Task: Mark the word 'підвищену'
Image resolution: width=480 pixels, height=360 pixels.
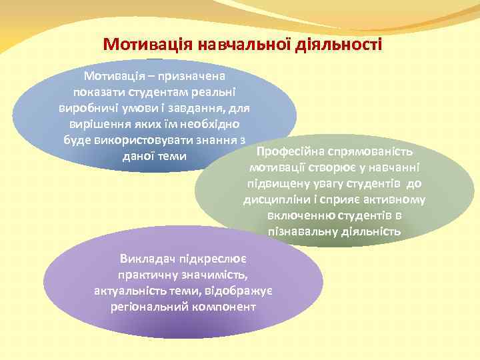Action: click(x=275, y=183)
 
